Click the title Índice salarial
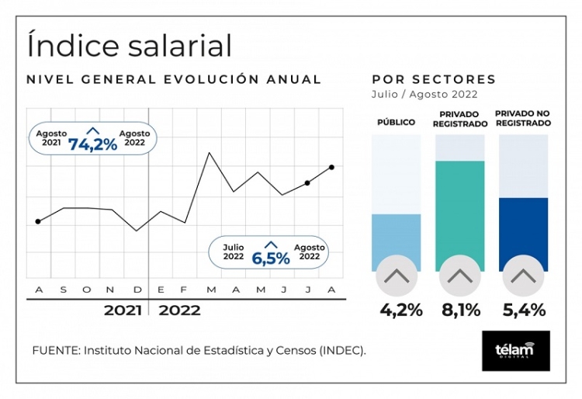tap(129, 45)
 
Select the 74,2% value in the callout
tap(92, 144)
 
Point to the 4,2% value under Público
tap(400, 311)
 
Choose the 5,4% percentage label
tap(523, 311)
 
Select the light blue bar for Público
tap(397, 241)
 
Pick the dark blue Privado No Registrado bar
tap(523, 233)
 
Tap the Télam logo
tap(515, 350)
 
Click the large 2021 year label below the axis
tap(123, 311)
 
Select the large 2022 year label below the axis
tap(179, 311)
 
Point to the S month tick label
tap(64, 290)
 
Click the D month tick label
tap(137, 290)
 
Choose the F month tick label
tap(184, 290)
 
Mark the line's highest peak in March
tap(209, 153)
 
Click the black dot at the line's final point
tap(332, 167)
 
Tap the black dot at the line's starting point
tap(38, 222)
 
